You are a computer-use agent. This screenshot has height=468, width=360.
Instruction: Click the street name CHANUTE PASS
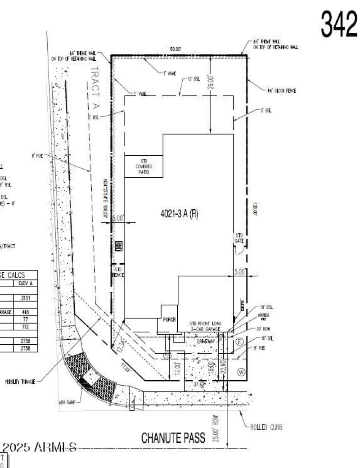point(174,437)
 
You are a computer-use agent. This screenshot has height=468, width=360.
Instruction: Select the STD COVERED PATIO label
point(144,166)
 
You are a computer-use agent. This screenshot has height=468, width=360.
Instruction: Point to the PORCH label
point(168,320)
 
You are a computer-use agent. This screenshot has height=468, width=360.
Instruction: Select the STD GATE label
point(239,238)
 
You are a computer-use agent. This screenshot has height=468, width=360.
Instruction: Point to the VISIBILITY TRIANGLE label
point(20,381)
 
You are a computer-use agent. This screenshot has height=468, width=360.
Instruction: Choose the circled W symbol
point(240,372)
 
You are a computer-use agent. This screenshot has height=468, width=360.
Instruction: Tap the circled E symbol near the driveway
point(239,341)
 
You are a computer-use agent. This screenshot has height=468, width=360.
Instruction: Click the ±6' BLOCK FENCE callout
point(281,90)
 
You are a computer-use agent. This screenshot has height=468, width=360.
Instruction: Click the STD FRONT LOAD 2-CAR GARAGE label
point(205,326)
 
